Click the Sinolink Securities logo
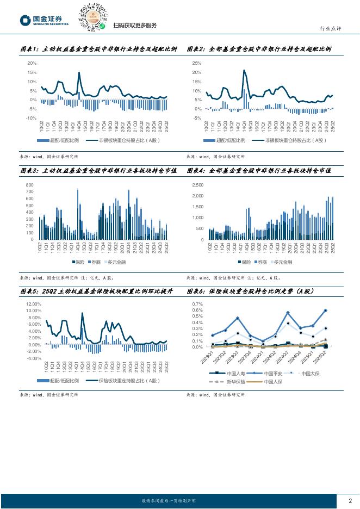coord(44,20)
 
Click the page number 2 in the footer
coord(350,501)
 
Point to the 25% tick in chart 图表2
coord(197,64)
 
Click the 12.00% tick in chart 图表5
coord(34,304)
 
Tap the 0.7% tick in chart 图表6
coord(196,304)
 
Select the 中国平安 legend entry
coord(271,374)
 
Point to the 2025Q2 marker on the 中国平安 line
coord(325,311)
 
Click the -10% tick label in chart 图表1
coord(31,118)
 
